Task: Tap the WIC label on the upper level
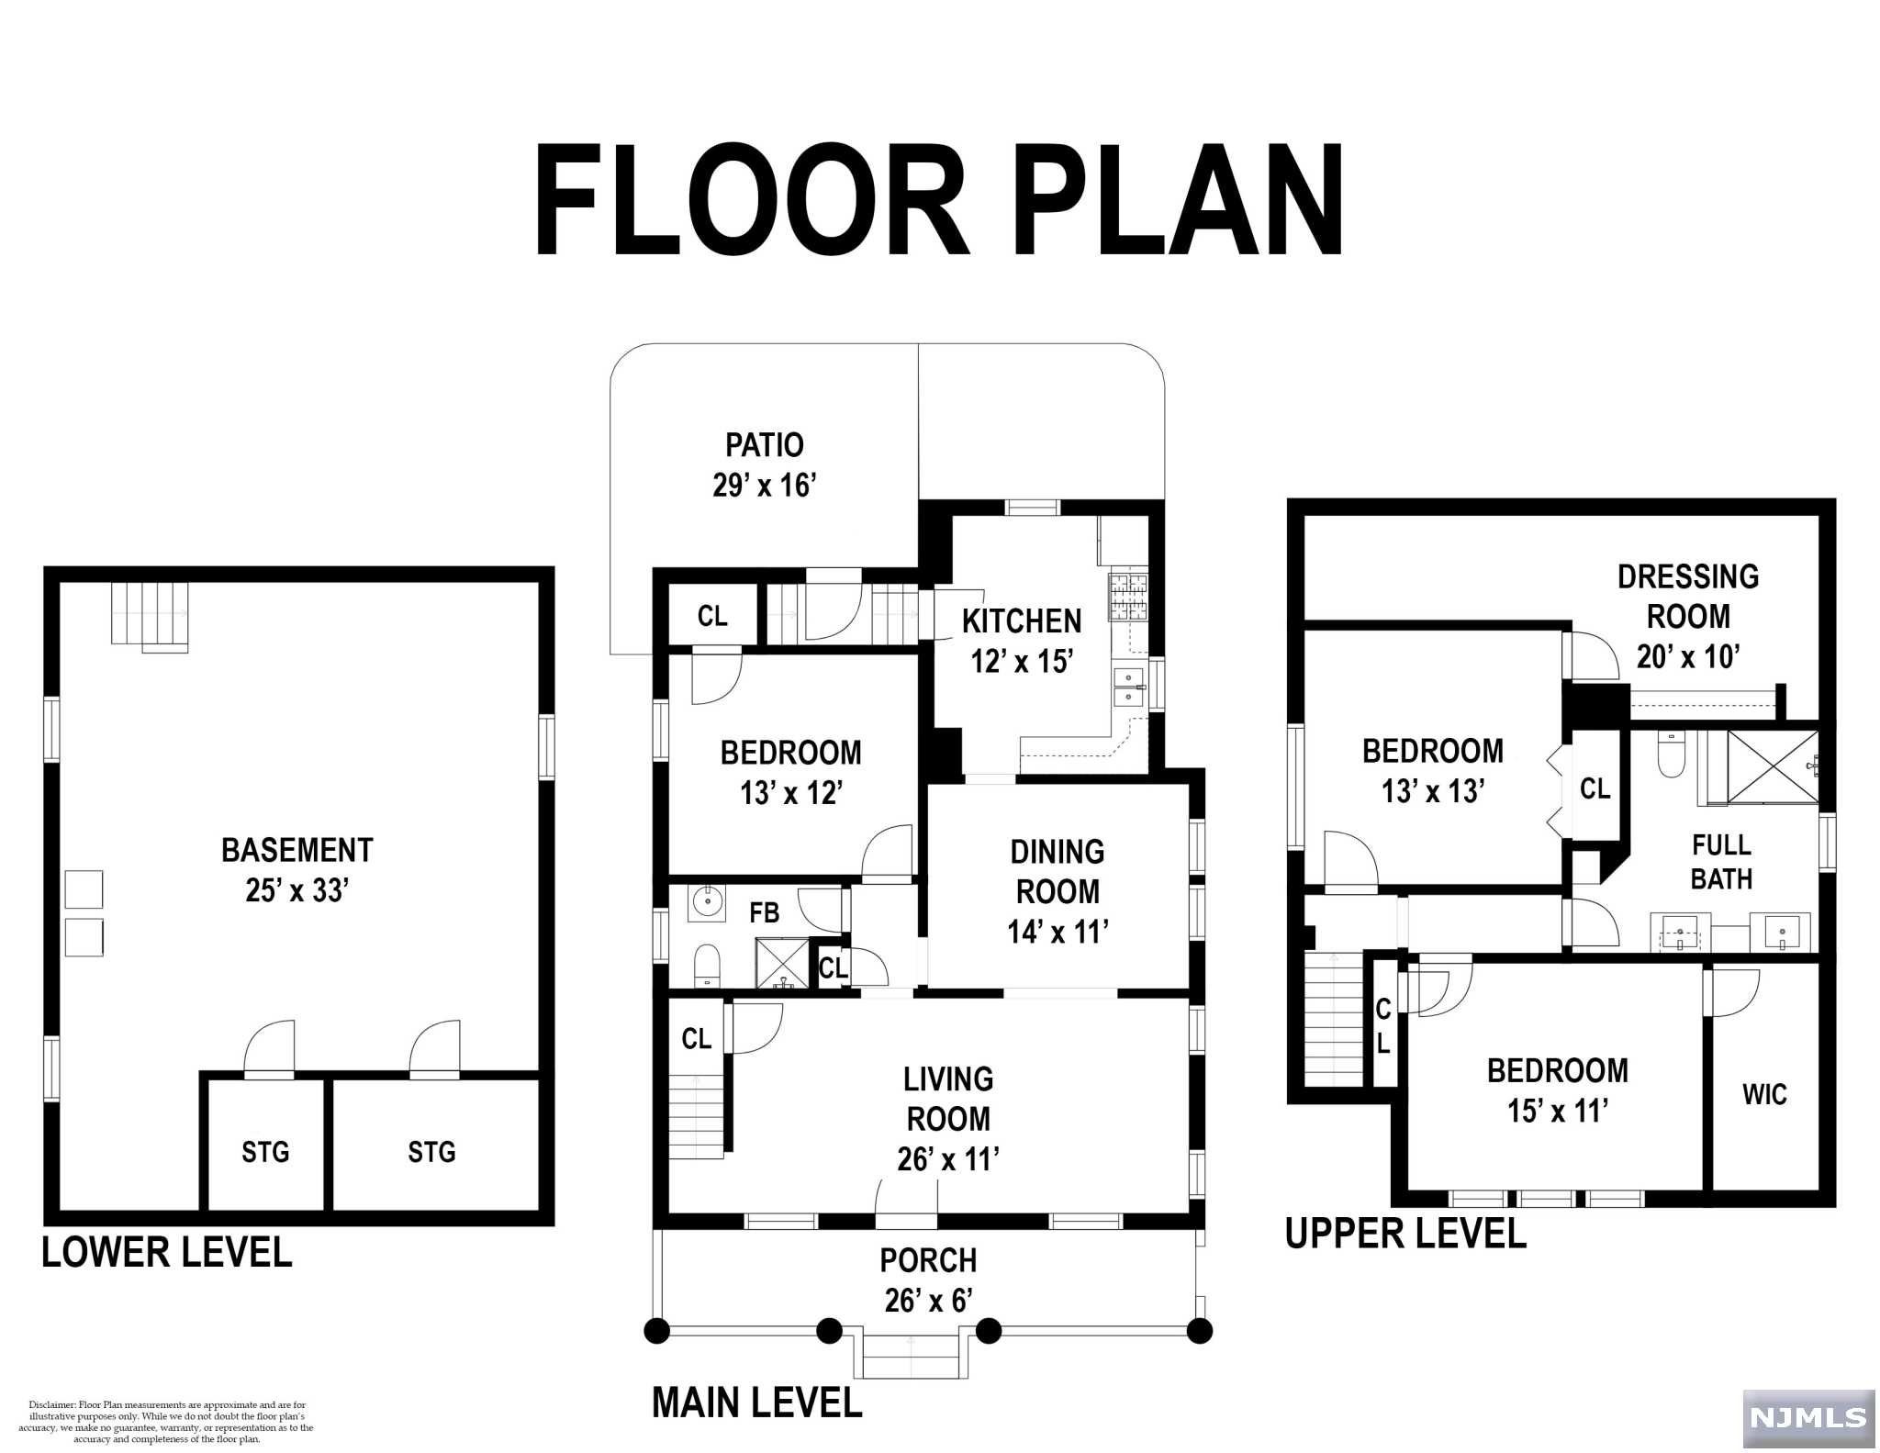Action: [1764, 1094]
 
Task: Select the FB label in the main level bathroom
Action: [765, 912]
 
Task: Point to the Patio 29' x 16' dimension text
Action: [765, 485]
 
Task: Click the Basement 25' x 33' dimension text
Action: [297, 890]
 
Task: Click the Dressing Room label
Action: [1688, 597]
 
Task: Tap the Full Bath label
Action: [1721, 861]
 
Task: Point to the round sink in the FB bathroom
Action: [707, 901]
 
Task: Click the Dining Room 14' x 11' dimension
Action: [1057, 933]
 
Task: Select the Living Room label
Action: [948, 1099]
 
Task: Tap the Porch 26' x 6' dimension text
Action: [928, 1301]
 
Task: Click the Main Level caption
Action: [757, 1403]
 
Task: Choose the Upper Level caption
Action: [1405, 1233]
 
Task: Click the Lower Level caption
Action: [167, 1252]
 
